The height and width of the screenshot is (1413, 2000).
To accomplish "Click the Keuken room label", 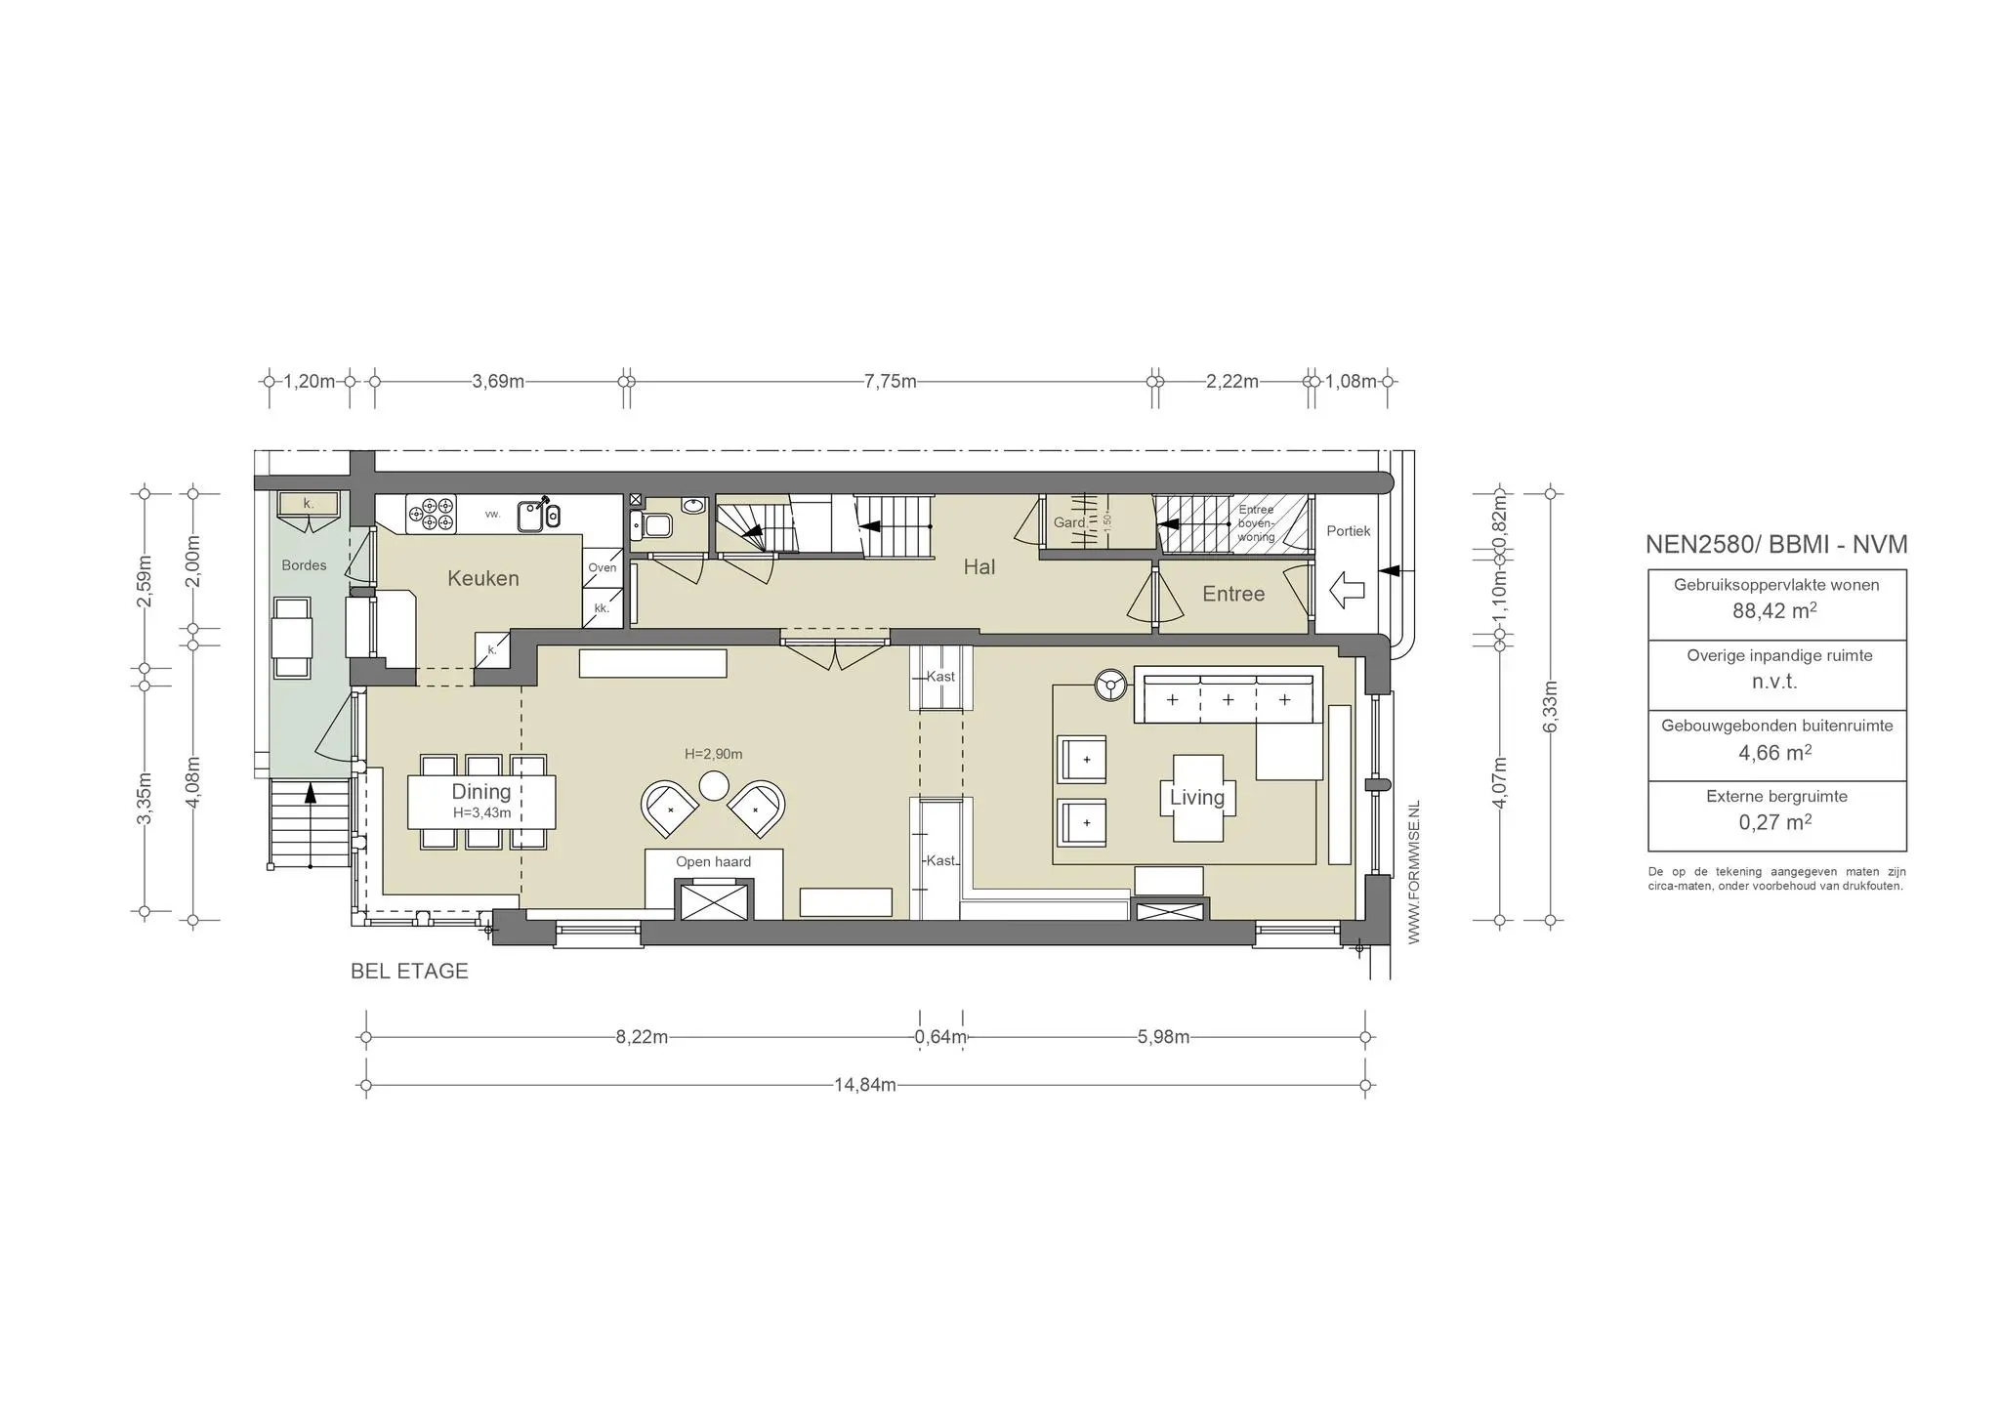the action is tap(482, 578).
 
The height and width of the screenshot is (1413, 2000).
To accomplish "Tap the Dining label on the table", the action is tap(480, 792).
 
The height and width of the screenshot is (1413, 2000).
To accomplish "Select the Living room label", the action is tap(1196, 798).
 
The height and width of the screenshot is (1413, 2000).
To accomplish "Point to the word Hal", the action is tap(979, 567).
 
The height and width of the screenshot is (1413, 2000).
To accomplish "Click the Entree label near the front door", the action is tap(1233, 594).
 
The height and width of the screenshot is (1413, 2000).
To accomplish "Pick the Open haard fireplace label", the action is tap(713, 862).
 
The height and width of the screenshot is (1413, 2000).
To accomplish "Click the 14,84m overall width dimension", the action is tap(864, 1085).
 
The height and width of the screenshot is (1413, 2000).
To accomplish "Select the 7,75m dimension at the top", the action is tap(890, 381).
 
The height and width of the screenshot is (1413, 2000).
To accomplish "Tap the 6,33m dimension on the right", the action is tap(1550, 705).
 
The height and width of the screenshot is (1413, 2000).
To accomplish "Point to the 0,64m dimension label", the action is tap(940, 1037).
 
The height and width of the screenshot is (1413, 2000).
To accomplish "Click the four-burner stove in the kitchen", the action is tap(431, 515).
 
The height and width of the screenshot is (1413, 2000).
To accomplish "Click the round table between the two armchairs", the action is tap(714, 785).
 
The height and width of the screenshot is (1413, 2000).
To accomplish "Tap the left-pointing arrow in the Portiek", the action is tap(1347, 589).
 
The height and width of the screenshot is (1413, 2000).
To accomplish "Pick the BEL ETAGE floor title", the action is tap(409, 972).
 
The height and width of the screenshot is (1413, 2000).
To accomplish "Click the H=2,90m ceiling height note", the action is tap(713, 754).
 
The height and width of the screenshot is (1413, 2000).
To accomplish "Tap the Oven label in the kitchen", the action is tap(602, 567).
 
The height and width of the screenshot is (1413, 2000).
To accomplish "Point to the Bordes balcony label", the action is tap(304, 565).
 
